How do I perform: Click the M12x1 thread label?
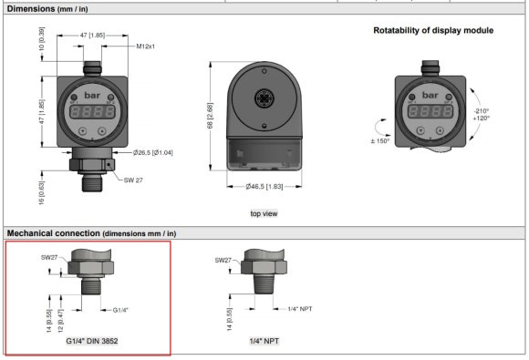[145, 46]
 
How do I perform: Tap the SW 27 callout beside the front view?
[133, 180]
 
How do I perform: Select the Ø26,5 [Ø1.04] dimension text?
[153, 153]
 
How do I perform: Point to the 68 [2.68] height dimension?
[210, 116]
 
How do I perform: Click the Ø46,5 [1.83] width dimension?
[264, 187]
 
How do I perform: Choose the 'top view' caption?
[264, 213]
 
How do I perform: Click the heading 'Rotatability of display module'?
[433, 30]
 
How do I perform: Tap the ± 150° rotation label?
[380, 141]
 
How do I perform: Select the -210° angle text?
[481, 111]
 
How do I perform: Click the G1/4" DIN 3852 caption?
[92, 341]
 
